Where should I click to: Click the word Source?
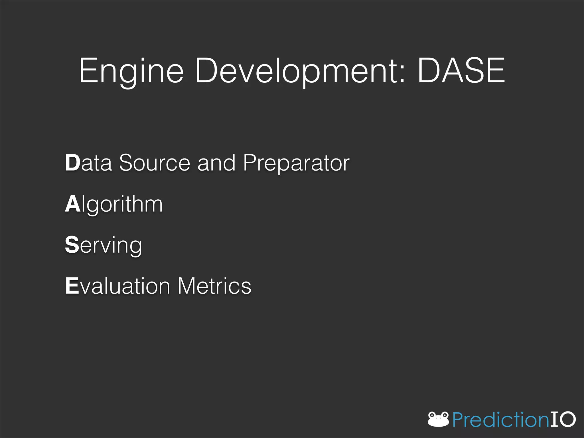(x=155, y=163)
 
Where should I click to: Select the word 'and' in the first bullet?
(x=216, y=163)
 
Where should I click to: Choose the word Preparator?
(x=296, y=163)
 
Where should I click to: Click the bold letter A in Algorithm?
(x=73, y=204)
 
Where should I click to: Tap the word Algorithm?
(x=114, y=204)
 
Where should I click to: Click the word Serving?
(x=103, y=245)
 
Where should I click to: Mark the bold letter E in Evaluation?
(x=72, y=286)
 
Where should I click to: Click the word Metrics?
(x=214, y=286)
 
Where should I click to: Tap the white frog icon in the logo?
(x=438, y=419)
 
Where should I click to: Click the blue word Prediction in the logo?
(x=501, y=419)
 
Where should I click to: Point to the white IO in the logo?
(x=563, y=419)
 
